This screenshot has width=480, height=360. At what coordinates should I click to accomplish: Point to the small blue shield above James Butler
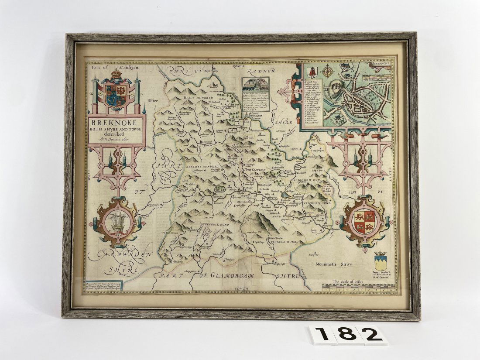[381, 263]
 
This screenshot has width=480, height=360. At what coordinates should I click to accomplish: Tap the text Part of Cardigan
[106, 68]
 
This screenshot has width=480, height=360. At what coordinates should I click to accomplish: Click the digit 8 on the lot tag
[348, 335]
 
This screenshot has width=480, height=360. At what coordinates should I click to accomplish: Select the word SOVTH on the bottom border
[240, 289]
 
